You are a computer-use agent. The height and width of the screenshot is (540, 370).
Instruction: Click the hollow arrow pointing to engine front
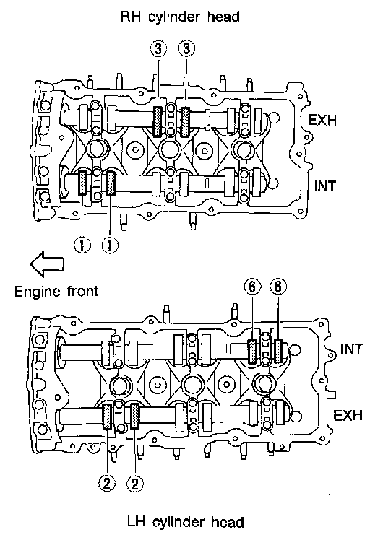(x=47, y=264)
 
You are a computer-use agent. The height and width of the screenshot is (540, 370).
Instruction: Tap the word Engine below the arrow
(x=37, y=292)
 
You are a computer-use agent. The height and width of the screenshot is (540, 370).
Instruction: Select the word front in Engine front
(x=83, y=291)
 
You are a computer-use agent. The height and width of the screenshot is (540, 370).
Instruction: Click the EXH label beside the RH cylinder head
(x=322, y=120)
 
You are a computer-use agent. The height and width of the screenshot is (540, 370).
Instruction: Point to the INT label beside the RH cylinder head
(x=324, y=186)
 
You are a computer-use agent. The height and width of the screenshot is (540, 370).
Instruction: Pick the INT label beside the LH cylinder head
(x=351, y=349)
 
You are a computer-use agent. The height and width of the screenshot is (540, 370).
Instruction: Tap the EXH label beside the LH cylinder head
(x=348, y=415)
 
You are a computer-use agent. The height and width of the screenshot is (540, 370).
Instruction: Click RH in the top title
(x=130, y=17)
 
